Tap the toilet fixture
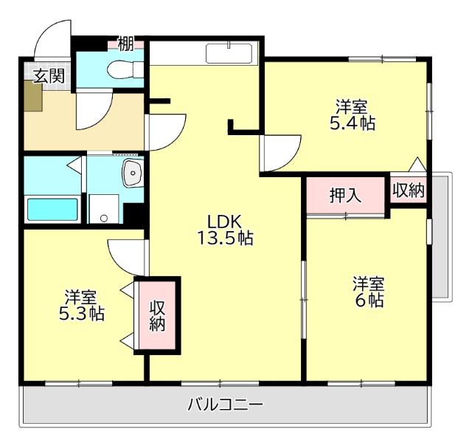(120, 70)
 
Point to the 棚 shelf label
(126, 44)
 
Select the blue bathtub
(52, 209)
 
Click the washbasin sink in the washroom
(133, 174)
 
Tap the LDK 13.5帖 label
(225, 229)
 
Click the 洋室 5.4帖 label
(351, 114)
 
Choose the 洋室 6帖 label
(367, 292)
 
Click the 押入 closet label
(345, 196)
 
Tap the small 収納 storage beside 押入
(408, 191)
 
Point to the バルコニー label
(225, 405)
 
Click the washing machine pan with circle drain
(104, 209)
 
